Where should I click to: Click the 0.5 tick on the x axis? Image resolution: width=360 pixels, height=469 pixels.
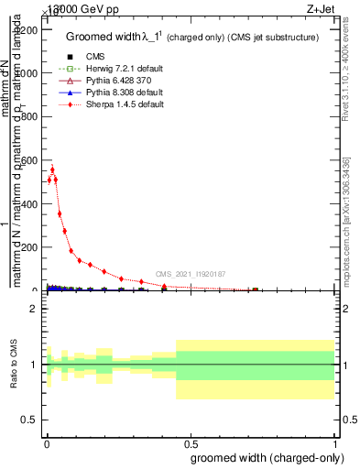coord(190,441)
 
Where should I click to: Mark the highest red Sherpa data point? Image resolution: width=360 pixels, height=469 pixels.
coord(52,169)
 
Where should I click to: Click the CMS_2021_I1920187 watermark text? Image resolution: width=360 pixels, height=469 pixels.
coord(190,274)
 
